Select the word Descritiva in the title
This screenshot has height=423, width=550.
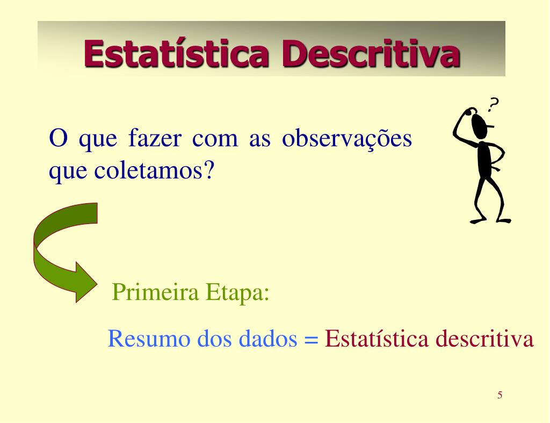point(370,54)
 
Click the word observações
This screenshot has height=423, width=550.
point(347,139)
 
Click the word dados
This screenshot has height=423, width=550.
point(268,339)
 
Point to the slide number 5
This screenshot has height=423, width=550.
point(500,396)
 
